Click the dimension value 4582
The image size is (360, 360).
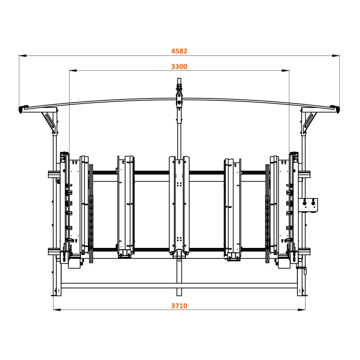click(179, 51)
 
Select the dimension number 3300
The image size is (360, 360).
click(179, 67)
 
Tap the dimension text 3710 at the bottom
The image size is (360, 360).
click(179, 306)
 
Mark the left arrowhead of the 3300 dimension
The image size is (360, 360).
click(72, 71)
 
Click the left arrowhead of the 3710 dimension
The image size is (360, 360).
click(56, 310)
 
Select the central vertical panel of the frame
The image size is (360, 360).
click(179, 205)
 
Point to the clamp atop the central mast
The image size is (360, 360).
click(179, 94)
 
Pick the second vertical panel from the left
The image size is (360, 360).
click(126, 205)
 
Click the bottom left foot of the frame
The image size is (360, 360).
click(57, 293)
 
